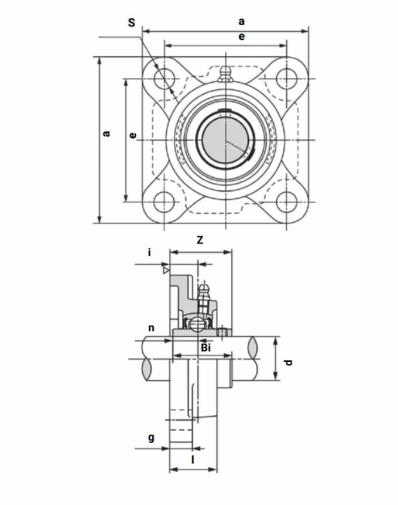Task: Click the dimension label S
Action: click(132, 22)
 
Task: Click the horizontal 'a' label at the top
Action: click(241, 22)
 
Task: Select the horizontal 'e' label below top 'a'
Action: click(241, 36)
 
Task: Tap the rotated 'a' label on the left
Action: click(106, 133)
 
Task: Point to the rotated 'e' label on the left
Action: click(132, 135)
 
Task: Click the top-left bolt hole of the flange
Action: click(164, 79)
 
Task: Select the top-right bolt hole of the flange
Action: click(286, 79)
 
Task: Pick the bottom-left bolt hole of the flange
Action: click(164, 202)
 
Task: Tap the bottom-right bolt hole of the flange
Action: click(286, 202)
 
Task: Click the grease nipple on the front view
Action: click(225, 74)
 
